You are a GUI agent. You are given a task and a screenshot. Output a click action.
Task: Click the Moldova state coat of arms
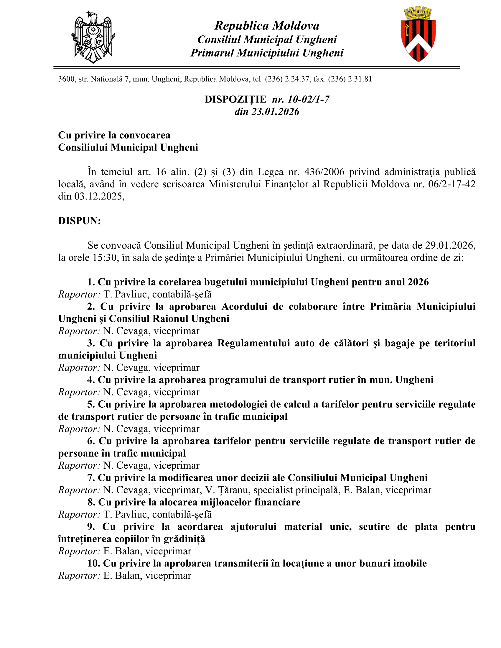[93, 37]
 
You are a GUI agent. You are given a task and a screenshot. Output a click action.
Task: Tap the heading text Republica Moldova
[267, 26]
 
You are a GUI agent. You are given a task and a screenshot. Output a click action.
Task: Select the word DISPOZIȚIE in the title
[235, 99]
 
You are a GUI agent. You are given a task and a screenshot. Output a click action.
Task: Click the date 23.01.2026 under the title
[276, 112]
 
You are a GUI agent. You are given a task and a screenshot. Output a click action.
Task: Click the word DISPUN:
[80, 221]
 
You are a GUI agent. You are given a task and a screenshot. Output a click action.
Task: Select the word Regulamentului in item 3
[253, 343]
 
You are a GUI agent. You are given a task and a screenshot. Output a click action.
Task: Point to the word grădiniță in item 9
[184, 539]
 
